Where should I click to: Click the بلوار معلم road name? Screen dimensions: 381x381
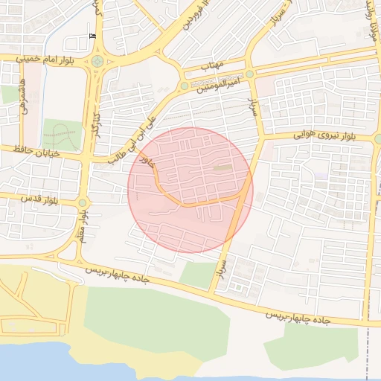pyautogui.click(x=79, y=227)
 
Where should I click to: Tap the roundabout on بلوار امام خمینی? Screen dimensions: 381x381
pyautogui.click(x=97, y=62)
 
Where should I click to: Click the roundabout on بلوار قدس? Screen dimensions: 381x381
pyautogui.click(x=83, y=202)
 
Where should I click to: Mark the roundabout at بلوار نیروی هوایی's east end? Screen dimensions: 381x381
pyautogui.click(x=378, y=138)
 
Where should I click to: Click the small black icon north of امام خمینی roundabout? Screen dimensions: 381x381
pyautogui.click(x=92, y=36)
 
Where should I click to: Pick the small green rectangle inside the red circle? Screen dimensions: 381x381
pyautogui.click(x=222, y=167)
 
